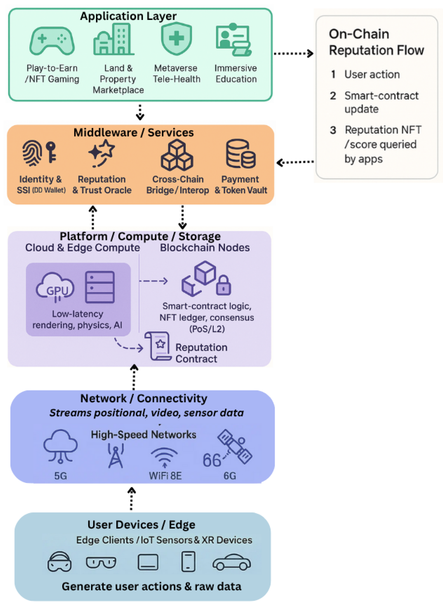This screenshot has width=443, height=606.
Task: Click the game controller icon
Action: click(x=52, y=41)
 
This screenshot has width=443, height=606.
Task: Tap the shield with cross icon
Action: click(x=176, y=38)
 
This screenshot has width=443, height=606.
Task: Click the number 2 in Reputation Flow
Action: click(x=333, y=96)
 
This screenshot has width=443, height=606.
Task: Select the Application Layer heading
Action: click(x=128, y=16)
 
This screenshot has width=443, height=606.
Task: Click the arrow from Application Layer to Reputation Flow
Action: click(x=293, y=53)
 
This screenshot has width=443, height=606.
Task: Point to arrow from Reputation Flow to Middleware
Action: click(x=295, y=162)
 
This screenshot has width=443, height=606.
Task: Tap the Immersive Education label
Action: click(x=236, y=73)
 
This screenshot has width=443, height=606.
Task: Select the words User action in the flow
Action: click(x=372, y=74)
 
